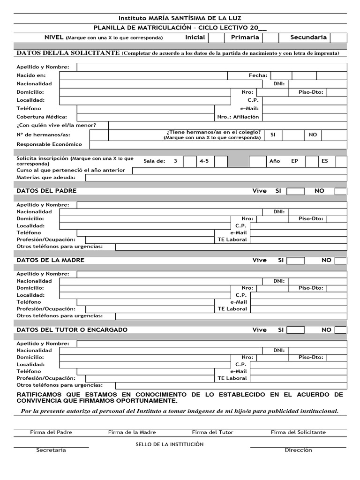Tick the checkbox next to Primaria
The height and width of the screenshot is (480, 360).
[270, 37]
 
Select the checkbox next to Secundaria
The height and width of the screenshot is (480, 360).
[338, 37]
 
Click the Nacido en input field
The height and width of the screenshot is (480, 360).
[143, 75]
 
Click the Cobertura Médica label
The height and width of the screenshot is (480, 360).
[42, 117]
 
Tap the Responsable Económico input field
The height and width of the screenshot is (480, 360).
[218, 144]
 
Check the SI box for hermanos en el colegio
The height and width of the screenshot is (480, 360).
[293, 135]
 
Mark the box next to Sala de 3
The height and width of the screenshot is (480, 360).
[190, 161]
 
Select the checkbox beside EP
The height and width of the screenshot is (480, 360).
[312, 161]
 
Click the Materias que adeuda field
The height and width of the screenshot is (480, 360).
[216, 178]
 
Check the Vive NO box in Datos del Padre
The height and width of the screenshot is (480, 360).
[341, 191]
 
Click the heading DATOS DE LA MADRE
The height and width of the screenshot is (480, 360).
[50, 260]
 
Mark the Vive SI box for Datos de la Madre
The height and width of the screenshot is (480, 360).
[296, 261]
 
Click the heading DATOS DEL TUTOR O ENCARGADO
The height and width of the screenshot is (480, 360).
[72, 330]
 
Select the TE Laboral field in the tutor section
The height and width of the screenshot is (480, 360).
[299, 378]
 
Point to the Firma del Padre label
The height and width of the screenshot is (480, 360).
[51, 432]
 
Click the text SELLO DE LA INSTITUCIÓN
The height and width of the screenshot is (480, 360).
[169, 444]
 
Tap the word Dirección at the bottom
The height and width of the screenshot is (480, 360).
[298, 450]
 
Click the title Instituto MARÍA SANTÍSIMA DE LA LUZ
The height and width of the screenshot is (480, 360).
[180, 18]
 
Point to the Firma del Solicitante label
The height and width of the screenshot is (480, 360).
[298, 432]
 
